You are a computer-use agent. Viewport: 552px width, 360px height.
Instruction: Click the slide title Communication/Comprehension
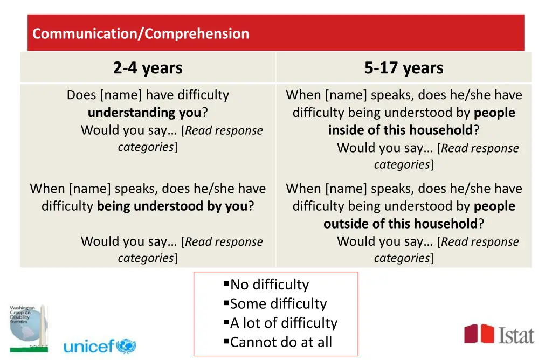pos(141,33)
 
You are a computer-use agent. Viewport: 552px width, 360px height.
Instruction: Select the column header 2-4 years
pos(148,68)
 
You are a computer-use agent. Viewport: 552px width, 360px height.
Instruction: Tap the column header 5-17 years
pos(404,68)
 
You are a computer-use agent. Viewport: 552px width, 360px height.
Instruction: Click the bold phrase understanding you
pos(144,113)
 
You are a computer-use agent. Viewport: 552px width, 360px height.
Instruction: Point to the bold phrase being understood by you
pos(172,206)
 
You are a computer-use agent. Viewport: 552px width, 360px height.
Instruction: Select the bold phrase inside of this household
pos(401,130)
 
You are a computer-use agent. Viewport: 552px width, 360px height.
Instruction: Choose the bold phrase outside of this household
pos(401,224)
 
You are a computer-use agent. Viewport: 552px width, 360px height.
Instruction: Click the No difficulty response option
pos(270,285)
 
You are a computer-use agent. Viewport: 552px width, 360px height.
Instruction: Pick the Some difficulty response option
pos(278,304)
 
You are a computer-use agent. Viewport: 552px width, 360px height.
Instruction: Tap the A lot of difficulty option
pos(284,323)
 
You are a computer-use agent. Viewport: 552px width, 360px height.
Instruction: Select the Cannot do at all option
pos(281,342)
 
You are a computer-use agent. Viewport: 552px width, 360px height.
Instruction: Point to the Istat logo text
pos(516,335)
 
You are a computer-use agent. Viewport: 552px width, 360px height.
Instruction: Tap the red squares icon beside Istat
pos(479,334)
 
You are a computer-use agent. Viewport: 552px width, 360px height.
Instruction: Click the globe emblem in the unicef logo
pos(126,346)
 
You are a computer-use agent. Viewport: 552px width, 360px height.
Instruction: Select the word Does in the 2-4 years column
pos(81,95)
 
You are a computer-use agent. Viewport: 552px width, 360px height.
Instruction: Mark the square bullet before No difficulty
pos(226,284)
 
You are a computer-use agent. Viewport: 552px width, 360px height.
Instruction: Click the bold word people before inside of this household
pos(494,113)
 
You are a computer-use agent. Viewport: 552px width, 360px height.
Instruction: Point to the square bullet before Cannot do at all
pos(226,342)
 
